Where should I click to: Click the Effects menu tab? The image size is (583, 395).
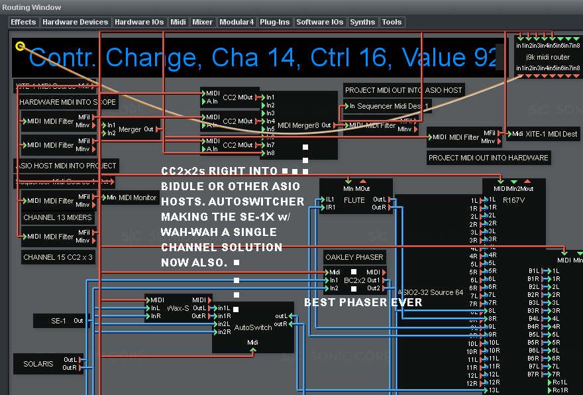(x=23, y=22)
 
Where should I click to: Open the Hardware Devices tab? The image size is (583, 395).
(x=75, y=22)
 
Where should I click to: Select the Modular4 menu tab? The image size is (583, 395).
(x=237, y=22)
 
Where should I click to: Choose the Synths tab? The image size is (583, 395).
(x=362, y=22)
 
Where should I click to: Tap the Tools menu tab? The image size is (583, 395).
(x=392, y=22)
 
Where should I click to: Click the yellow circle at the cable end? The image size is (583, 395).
(x=21, y=46)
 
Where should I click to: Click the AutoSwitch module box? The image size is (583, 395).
(x=252, y=328)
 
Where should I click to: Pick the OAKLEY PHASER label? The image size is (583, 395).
(x=354, y=257)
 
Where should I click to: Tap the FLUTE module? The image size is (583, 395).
(x=354, y=200)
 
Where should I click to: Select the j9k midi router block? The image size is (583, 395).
(x=548, y=58)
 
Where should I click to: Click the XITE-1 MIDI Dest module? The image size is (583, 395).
(x=543, y=134)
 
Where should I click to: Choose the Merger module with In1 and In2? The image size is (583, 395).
(x=130, y=129)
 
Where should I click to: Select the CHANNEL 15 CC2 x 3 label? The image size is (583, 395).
(x=58, y=257)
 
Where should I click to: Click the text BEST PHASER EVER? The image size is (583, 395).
(x=362, y=303)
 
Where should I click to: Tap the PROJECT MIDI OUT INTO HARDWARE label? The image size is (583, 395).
(x=488, y=158)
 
